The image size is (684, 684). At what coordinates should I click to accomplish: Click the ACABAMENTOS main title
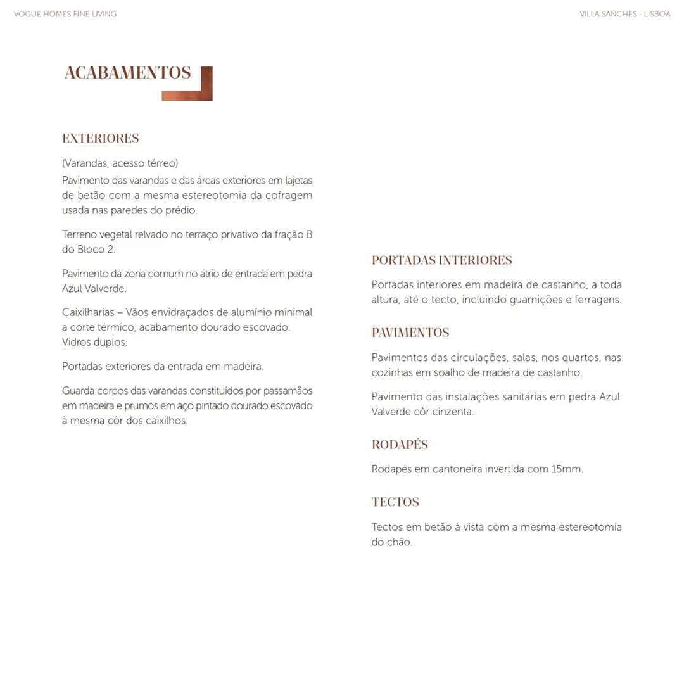127,73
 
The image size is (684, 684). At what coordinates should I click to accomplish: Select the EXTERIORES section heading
100,138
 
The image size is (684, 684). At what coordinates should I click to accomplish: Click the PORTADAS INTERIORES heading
441,260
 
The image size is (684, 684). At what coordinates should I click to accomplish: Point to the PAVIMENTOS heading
410,332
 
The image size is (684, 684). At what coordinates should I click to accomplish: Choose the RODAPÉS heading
400,445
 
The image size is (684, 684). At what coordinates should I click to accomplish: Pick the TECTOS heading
395,502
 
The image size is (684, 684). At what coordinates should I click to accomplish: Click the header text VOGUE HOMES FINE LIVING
65,14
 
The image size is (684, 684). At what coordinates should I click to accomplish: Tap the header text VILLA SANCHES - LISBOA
624,14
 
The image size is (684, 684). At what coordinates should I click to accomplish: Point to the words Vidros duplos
94,342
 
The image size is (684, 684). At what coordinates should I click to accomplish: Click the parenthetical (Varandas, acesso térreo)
120,163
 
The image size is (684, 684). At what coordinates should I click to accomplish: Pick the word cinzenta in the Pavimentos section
452,412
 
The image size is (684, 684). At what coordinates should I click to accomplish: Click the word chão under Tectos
399,542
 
